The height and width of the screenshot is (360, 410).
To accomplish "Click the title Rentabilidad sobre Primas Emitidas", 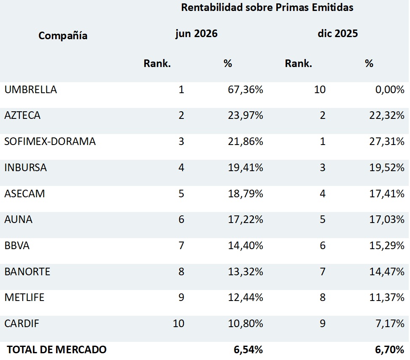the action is click(x=267, y=8).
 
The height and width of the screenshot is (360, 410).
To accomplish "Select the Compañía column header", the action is click(x=63, y=35).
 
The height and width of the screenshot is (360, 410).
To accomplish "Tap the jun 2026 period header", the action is click(x=197, y=34).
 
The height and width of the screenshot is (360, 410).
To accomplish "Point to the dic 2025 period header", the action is click(x=337, y=33).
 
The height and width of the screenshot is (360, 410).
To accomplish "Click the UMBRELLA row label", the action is click(x=31, y=90).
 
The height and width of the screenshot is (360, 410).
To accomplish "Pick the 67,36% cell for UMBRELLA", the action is click(x=245, y=90).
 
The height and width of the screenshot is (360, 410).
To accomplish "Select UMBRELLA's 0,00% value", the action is click(x=390, y=90).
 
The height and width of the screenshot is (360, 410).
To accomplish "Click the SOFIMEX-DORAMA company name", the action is click(x=50, y=141).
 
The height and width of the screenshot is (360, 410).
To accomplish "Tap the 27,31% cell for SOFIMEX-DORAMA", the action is click(x=387, y=141).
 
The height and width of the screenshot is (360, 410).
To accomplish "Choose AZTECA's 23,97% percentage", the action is click(x=245, y=115).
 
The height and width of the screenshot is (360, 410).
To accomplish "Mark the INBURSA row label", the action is click(x=25, y=167).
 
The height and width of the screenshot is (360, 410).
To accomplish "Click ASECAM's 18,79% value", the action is click(x=245, y=193).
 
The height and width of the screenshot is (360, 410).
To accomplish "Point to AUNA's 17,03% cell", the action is click(x=387, y=220).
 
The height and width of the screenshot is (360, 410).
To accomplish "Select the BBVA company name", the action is click(x=17, y=246).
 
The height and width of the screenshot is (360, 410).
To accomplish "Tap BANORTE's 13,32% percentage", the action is click(x=245, y=272).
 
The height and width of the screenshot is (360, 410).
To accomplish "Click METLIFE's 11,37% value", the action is click(x=387, y=297).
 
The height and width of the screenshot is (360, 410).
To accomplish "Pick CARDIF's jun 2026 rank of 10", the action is click(x=178, y=323).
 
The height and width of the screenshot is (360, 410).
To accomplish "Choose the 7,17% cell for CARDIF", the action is click(x=390, y=323).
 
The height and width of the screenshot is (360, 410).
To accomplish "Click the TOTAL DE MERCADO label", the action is click(x=57, y=349).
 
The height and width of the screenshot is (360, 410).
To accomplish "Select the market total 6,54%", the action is click(x=248, y=349).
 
